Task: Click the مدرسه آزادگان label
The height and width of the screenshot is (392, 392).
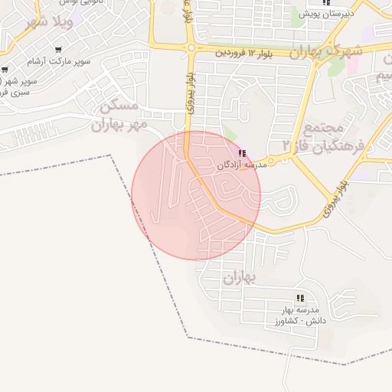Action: pyautogui.click(x=241, y=165)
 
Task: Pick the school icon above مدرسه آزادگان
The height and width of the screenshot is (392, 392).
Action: pyautogui.click(x=243, y=154)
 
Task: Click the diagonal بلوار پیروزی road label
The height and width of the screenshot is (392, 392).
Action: pyautogui.click(x=335, y=197)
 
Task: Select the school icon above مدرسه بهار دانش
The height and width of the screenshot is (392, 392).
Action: pyautogui.click(x=300, y=298)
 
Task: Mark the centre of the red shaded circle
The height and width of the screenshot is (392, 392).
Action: pyautogui.click(x=196, y=195)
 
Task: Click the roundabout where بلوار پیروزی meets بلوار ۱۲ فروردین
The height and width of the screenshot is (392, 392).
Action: pyautogui.click(x=191, y=47)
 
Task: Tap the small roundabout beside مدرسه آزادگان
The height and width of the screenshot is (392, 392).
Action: pyautogui.click(x=270, y=161)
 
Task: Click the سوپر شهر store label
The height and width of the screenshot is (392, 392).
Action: pyautogui.click(x=15, y=81)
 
